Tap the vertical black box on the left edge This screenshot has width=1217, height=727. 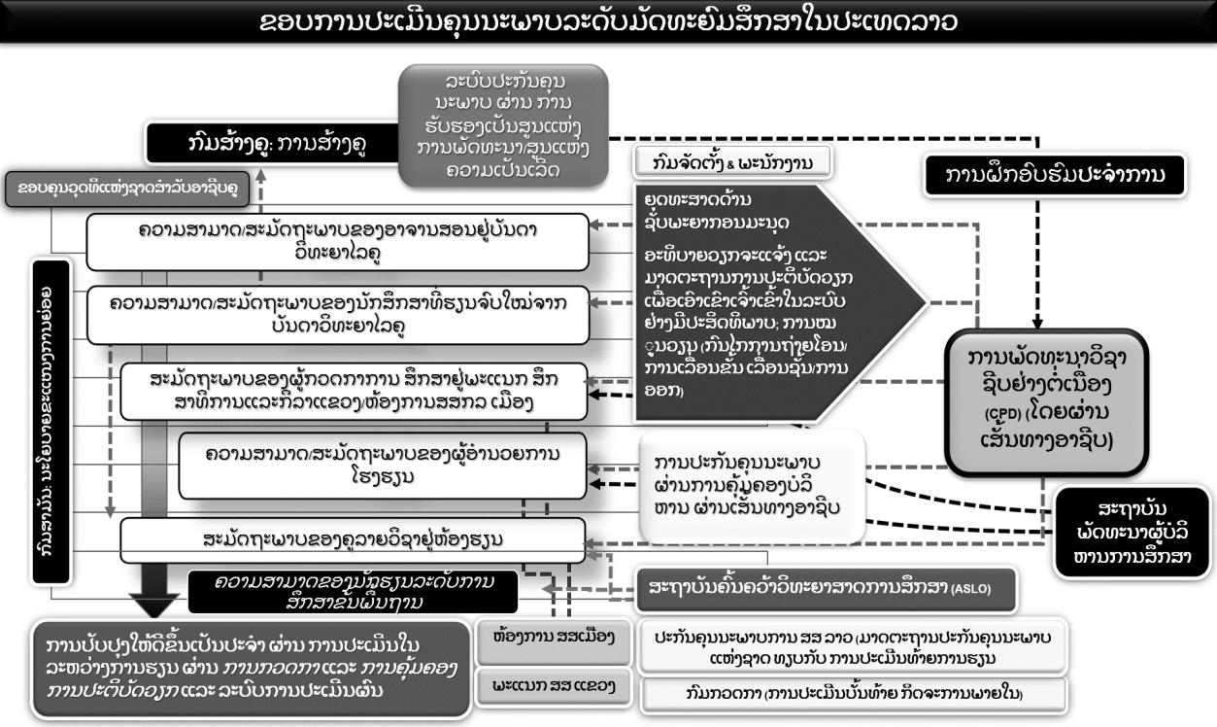[51, 423]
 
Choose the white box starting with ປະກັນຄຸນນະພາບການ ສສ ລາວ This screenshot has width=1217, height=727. [852, 644]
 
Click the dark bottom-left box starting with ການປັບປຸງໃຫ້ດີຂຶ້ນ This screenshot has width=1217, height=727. [247, 667]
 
